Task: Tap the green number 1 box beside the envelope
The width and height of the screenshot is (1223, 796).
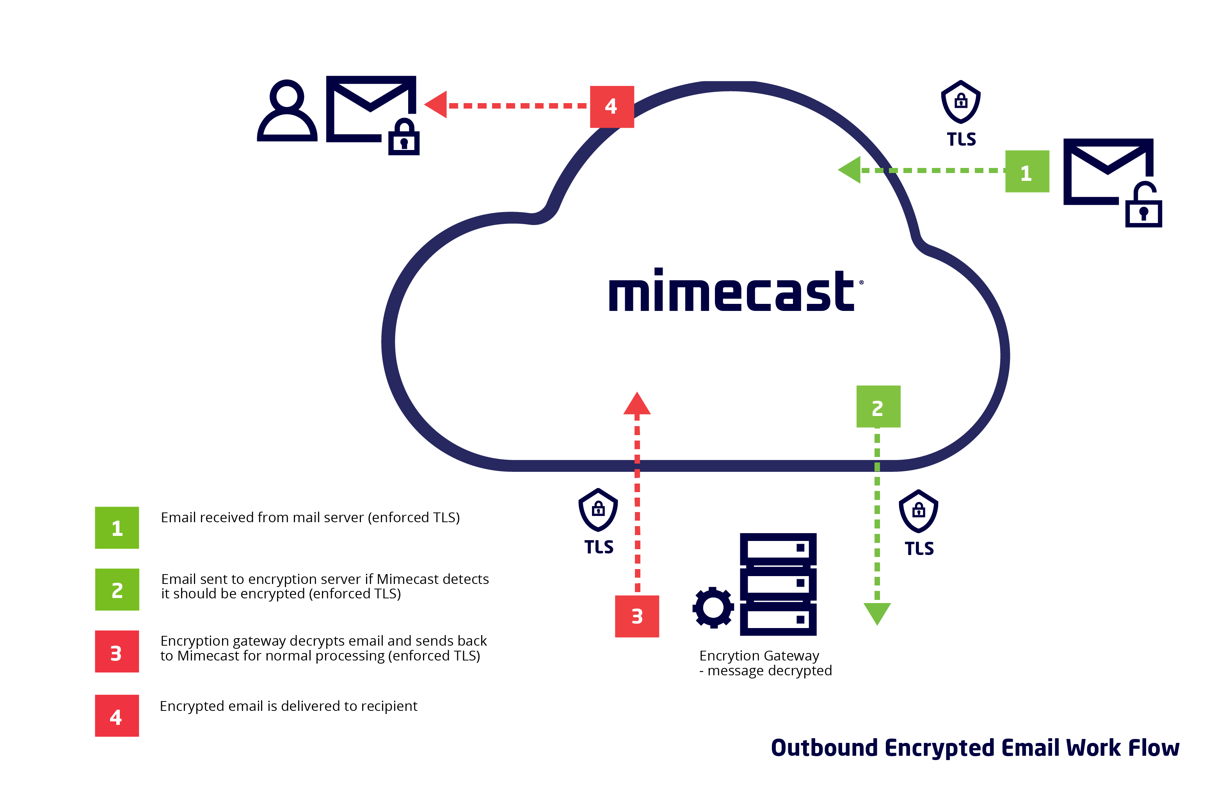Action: pyautogui.click(x=1027, y=171)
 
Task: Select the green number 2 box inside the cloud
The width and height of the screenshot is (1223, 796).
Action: pyautogui.click(x=878, y=406)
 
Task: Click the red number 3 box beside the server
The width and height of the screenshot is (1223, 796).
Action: pyautogui.click(x=637, y=616)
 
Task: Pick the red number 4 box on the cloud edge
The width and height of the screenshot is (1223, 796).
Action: pyautogui.click(x=611, y=107)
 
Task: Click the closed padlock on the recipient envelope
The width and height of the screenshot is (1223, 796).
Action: pyautogui.click(x=404, y=137)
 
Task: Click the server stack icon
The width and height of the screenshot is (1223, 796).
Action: pyautogui.click(x=778, y=584)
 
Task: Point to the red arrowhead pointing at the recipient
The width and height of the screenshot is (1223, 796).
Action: pyautogui.click(x=436, y=105)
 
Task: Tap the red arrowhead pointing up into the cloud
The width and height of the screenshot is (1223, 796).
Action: pyautogui.click(x=637, y=403)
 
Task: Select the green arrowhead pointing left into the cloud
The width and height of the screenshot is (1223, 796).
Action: pyautogui.click(x=850, y=170)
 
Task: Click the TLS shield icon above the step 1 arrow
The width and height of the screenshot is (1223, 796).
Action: pyautogui.click(x=961, y=102)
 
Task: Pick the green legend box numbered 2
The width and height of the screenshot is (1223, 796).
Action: pyautogui.click(x=117, y=589)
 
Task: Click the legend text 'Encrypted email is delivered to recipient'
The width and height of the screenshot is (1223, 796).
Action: pyautogui.click(x=288, y=706)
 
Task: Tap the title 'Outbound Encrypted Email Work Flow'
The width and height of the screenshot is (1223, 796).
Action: pyautogui.click(x=975, y=748)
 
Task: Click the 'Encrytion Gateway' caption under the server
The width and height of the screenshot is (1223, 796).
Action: pyautogui.click(x=759, y=656)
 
